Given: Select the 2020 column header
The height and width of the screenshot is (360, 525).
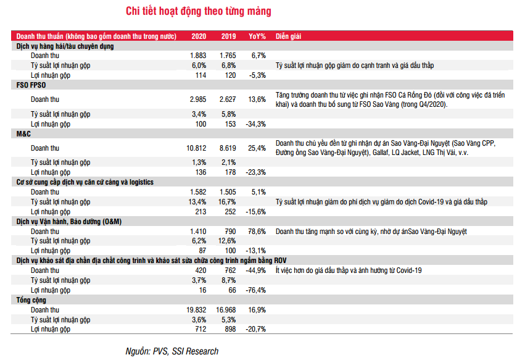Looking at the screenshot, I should pos(198,36).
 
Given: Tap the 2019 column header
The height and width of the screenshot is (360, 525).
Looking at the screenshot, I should pos(228,36).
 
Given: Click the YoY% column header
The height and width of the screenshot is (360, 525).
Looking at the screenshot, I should pos(257,36).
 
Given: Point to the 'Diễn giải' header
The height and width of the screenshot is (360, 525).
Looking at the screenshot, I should pos(288,36).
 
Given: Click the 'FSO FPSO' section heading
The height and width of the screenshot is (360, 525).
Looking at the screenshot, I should pos(30,85).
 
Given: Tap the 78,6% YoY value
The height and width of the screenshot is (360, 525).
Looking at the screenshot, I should pos(257,231).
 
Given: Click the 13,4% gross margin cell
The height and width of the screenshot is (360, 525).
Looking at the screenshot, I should pos(197,202).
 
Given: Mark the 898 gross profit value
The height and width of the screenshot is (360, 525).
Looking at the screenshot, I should pos(229,329).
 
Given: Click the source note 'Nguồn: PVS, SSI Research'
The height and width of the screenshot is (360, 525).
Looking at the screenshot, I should pos(172,351).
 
